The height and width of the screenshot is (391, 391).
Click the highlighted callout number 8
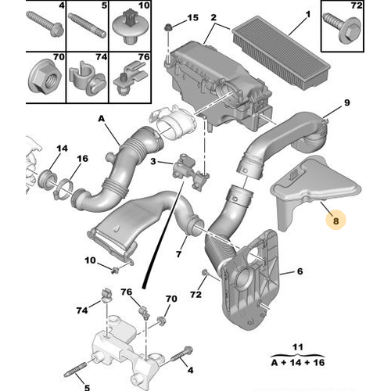(335, 221)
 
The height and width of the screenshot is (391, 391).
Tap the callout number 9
(346, 102)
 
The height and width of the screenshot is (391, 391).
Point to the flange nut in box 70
(45, 78)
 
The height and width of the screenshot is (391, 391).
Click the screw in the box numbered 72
(343, 29)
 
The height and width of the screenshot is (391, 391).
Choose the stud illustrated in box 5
(87, 26)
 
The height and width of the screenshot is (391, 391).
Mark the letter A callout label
(101, 119)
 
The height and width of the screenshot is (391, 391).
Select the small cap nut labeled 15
(168, 27)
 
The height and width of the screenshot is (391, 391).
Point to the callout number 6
(300, 271)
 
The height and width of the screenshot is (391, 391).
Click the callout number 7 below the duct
(178, 253)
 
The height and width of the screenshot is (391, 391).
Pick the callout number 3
(153, 161)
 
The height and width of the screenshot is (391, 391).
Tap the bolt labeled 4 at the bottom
(181, 354)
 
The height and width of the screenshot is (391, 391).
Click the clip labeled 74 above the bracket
(106, 295)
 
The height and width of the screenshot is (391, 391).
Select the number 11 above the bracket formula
(298, 347)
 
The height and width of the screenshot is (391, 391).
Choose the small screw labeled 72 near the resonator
(205, 273)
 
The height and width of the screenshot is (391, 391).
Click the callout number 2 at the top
(213, 17)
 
